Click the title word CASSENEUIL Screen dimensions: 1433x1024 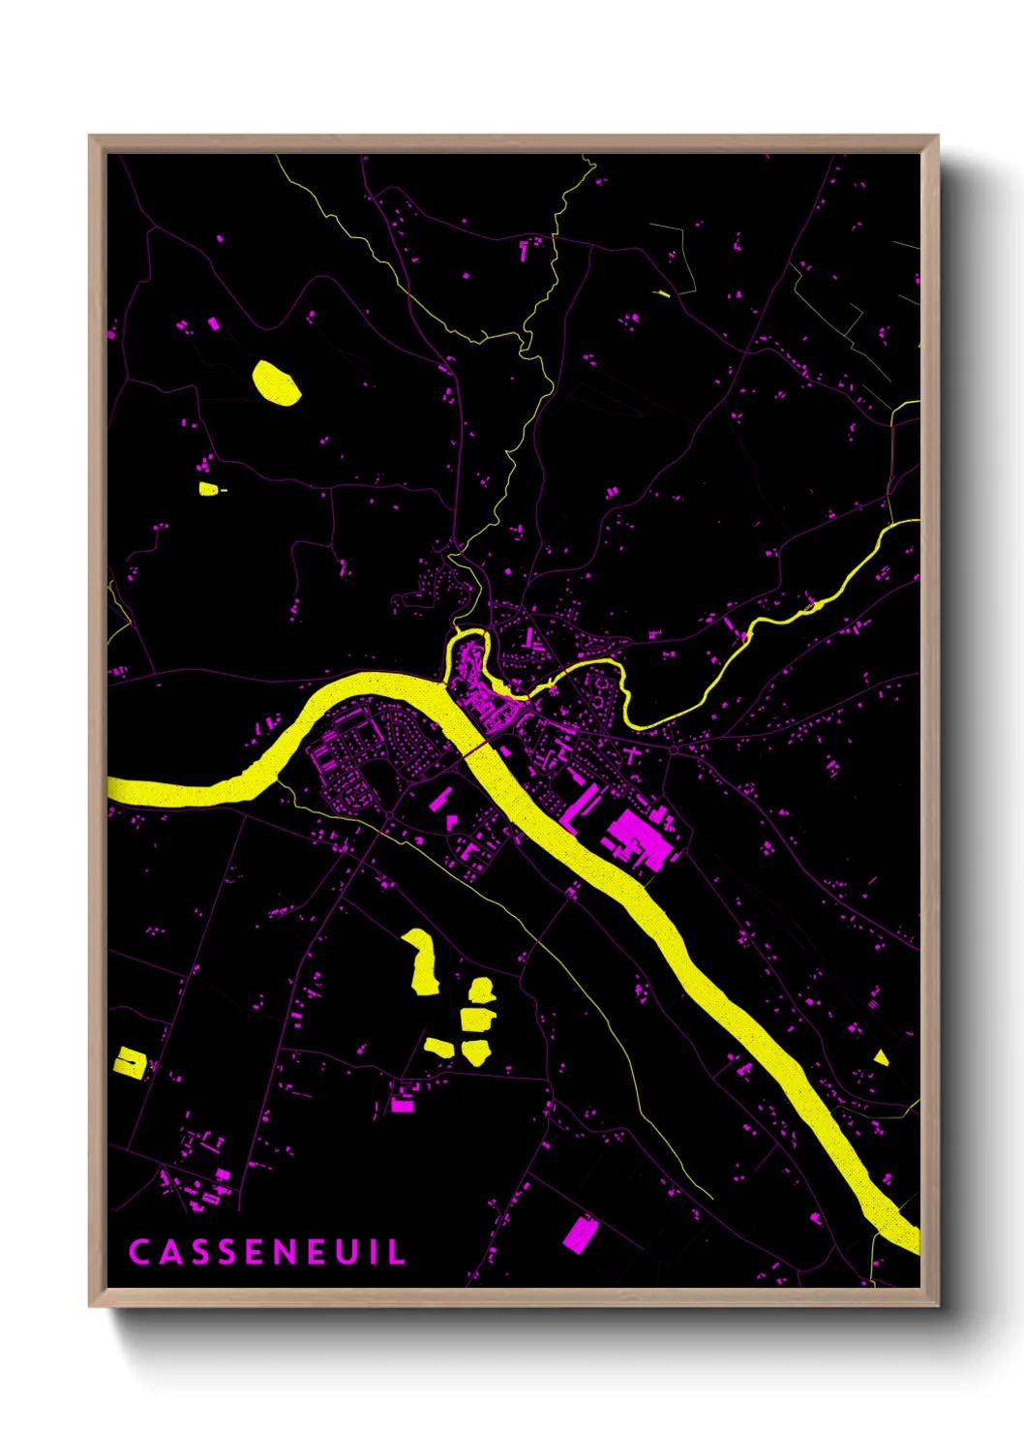[267, 1252]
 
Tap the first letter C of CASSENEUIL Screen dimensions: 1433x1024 [138, 1252]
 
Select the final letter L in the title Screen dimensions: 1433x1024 [397, 1252]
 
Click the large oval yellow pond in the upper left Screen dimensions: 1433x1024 [276, 381]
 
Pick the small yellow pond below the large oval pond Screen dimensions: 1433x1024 [208, 489]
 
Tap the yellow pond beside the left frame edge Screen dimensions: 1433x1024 [130, 1062]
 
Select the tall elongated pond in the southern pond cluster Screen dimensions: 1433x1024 [422, 961]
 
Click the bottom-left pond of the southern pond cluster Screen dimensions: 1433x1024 [439, 1047]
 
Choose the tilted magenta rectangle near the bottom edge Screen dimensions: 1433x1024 [581, 1235]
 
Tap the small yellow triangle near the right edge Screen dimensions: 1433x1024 [880, 1057]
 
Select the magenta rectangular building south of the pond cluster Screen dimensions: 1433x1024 [402, 1103]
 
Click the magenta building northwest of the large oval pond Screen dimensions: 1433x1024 [214, 324]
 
